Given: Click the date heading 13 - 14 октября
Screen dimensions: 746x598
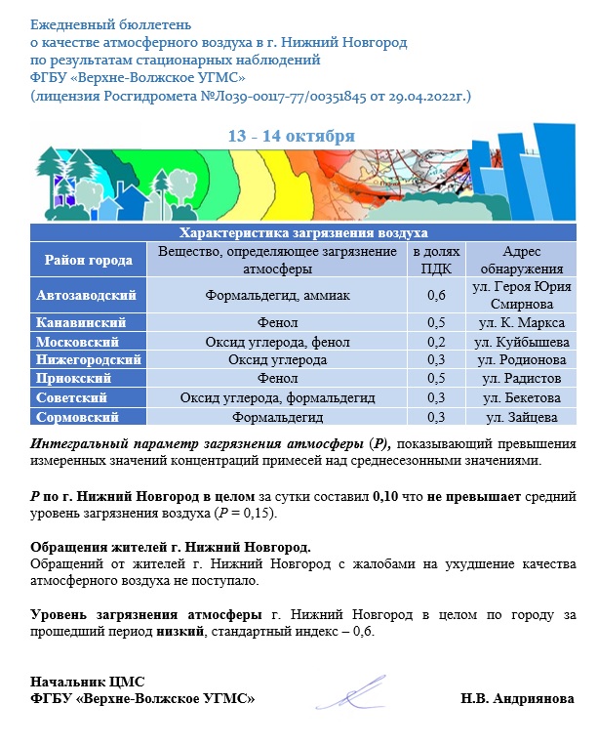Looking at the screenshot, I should click(x=291, y=136).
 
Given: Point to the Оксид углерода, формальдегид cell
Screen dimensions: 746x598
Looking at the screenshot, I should click(x=275, y=398).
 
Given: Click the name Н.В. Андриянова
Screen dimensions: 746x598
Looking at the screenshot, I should click(x=517, y=700).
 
